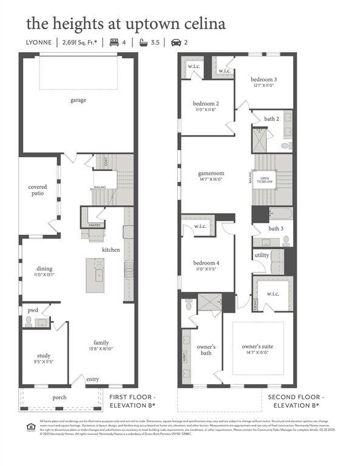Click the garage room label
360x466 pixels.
point(78,100)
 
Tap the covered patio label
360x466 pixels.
point(38,191)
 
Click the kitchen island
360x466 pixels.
point(95,275)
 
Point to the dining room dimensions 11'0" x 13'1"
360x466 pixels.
point(44,274)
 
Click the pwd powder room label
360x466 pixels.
point(32,310)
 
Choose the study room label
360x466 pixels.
point(43,356)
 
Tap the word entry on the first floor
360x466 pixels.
point(92,379)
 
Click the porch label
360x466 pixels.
point(59,397)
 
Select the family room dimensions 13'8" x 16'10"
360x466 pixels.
point(101,348)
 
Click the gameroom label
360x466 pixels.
point(211,173)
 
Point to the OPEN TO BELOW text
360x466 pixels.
point(264,180)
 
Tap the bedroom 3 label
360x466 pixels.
point(265,79)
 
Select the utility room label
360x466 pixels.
point(262,255)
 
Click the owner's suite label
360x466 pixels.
point(257,346)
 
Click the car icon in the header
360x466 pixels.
point(176,42)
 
